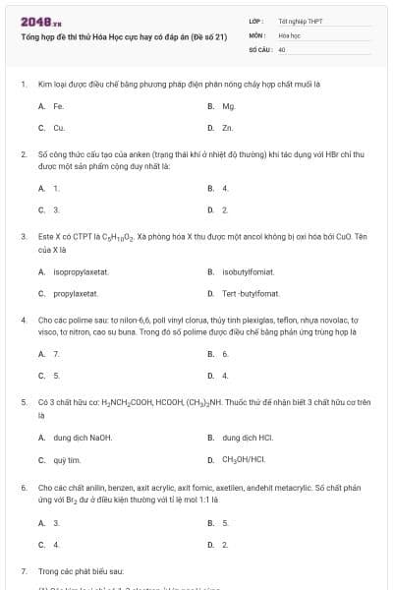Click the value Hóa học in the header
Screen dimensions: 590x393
click(x=290, y=33)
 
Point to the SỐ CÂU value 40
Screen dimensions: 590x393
click(x=282, y=47)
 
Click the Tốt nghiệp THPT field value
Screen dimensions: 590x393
click(x=300, y=20)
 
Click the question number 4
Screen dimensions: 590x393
click(x=24, y=321)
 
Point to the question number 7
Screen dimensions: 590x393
click(x=24, y=569)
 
